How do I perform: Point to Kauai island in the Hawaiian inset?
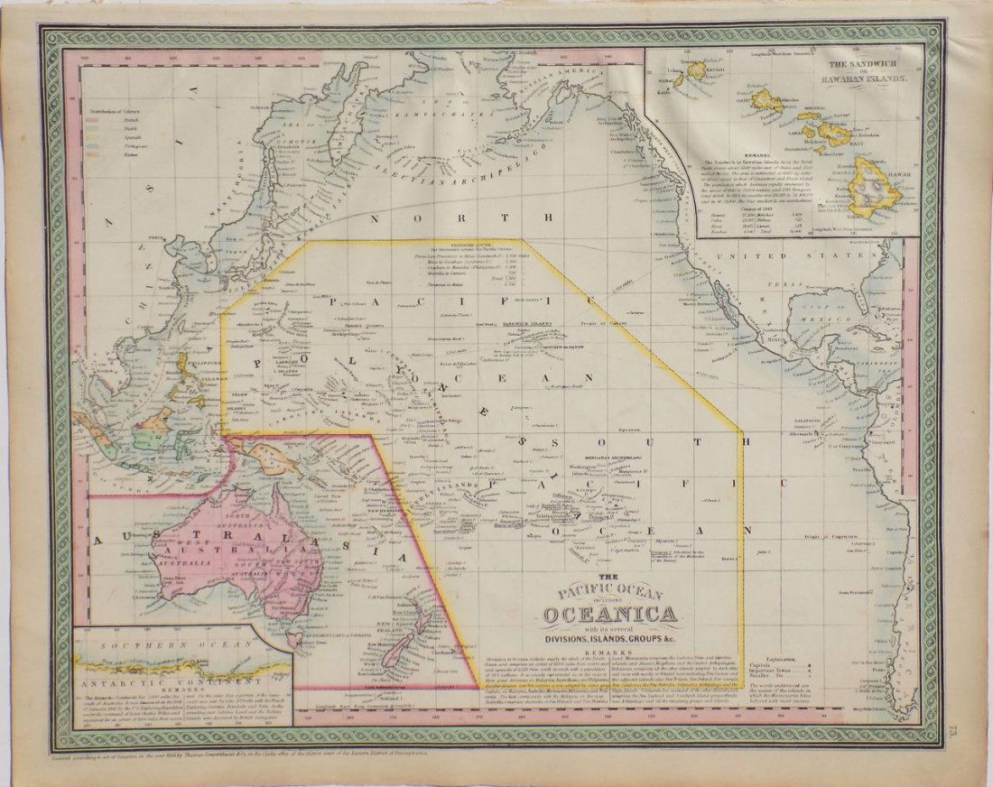[x=697, y=69]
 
